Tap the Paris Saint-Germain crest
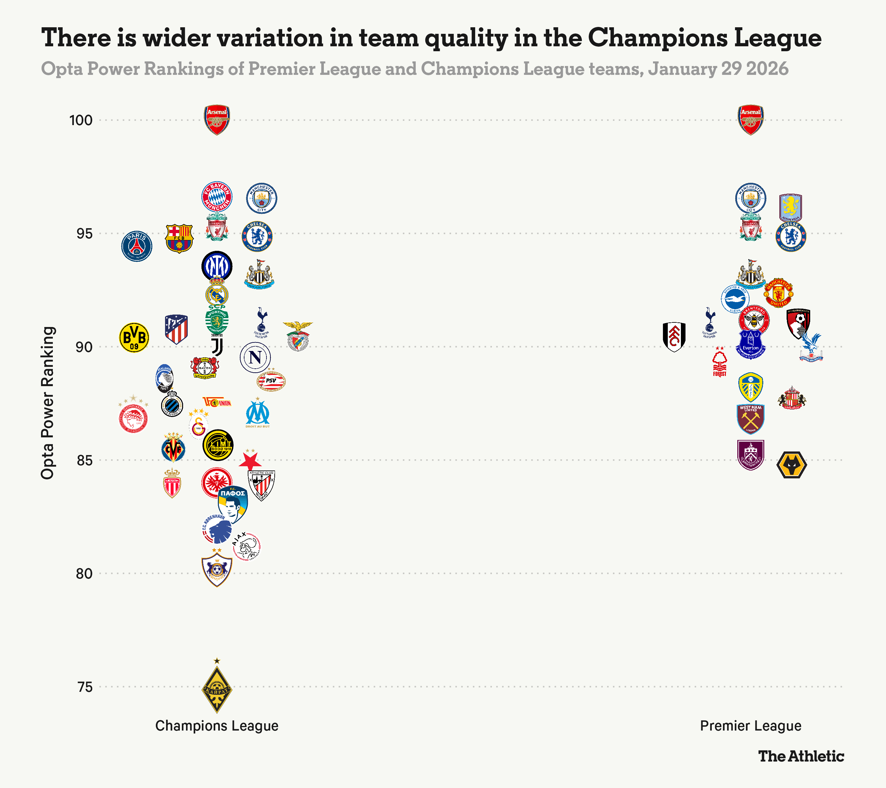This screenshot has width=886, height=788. coord(137,246)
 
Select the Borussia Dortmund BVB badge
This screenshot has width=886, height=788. coord(134,337)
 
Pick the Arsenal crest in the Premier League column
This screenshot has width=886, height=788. coord(750,120)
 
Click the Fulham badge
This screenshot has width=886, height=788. coord(674,337)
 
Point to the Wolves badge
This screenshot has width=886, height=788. coord(791,465)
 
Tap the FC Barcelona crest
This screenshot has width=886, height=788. coord(179,238)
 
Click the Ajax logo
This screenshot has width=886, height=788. coord(247,546)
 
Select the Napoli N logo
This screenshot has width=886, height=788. coord(255,357)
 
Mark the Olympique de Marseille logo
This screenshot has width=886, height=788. coord(258,414)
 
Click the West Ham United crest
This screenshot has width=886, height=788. coord(750,419)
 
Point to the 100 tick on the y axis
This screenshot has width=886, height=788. coord(81,120)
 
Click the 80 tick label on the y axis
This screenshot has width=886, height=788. coord(84,573)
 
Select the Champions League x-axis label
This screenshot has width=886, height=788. coord(217,726)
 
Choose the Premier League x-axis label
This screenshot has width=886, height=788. coord(750,726)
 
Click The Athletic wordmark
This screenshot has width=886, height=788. coord(801,756)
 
